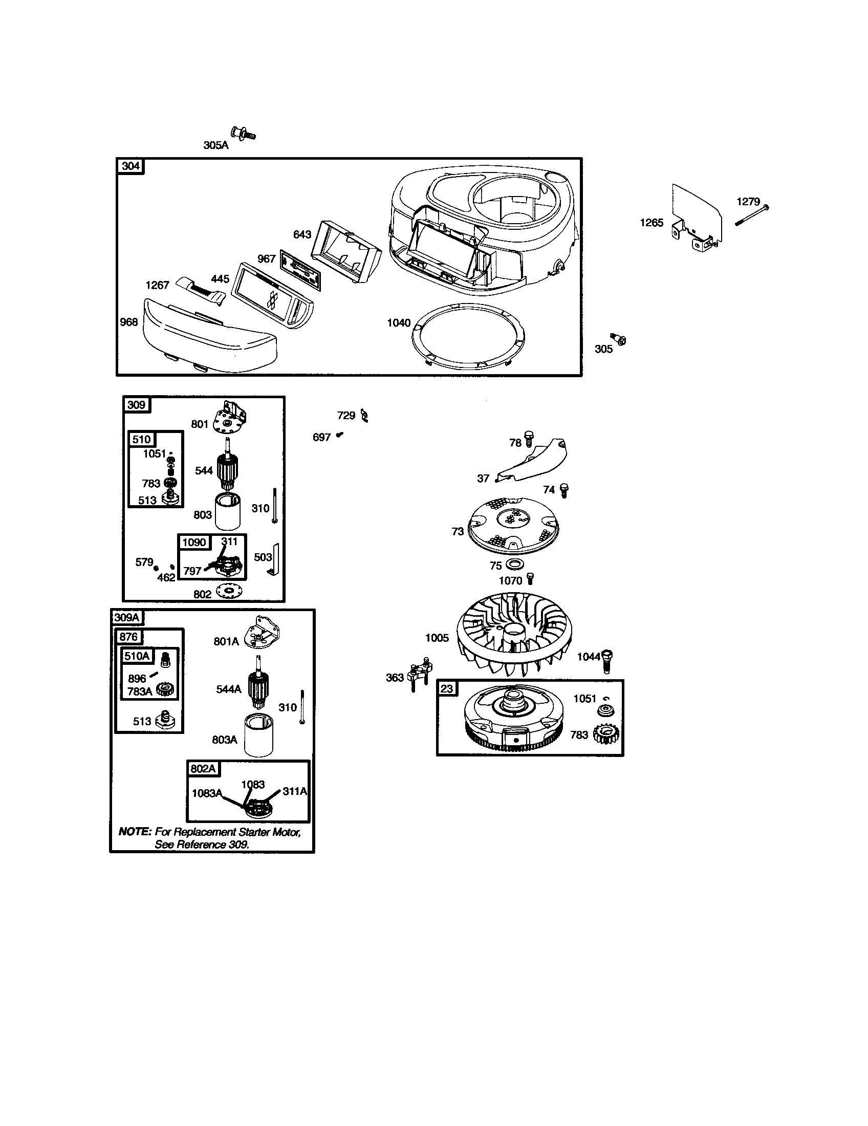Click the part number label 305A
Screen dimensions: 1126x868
pos(215,145)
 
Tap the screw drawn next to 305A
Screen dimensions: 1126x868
pos(243,134)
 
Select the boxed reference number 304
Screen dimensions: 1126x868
pos(131,166)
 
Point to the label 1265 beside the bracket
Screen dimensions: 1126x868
pos(652,223)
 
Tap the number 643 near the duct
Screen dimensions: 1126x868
pos(302,234)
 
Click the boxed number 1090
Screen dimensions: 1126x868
pos(194,543)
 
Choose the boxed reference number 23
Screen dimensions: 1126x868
pos(447,689)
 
